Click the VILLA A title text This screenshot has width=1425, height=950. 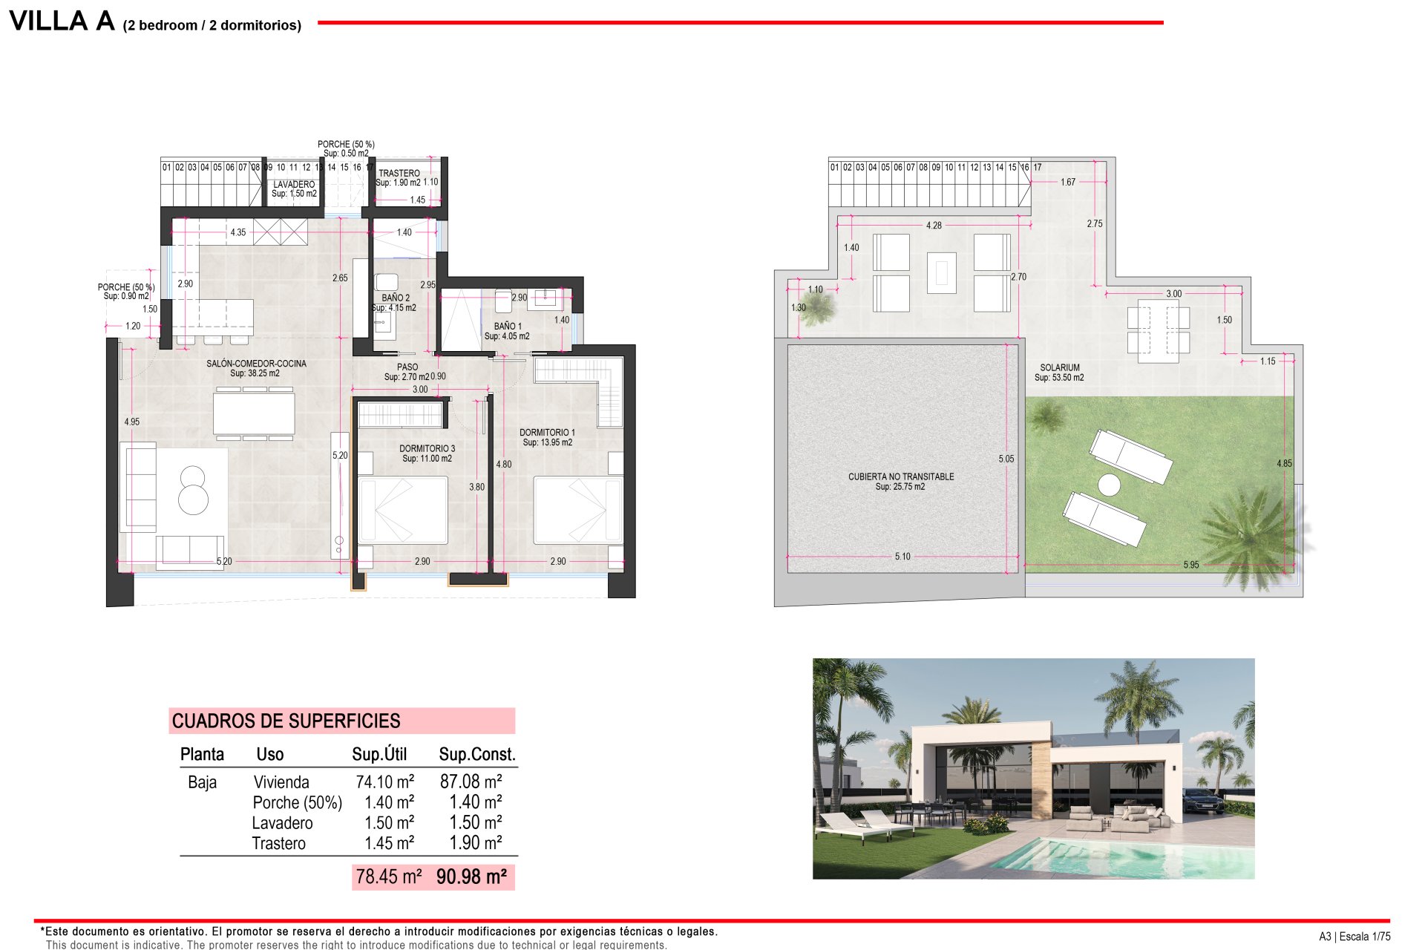(62, 22)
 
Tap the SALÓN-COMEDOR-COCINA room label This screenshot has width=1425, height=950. (256, 364)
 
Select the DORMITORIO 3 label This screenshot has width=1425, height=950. (427, 448)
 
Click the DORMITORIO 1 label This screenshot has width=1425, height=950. (547, 432)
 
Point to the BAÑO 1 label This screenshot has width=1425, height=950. (508, 326)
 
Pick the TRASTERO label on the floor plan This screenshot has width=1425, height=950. (399, 173)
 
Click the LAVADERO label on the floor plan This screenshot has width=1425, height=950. (294, 184)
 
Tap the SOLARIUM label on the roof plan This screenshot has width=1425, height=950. (1059, 367)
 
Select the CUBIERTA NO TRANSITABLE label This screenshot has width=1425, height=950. (901, 476)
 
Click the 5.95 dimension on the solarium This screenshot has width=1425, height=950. (1190, 565)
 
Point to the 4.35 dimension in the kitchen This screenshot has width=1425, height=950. (237, 232)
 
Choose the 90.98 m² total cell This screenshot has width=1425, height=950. (471, 877)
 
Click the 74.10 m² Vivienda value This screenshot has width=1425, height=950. (384, 782)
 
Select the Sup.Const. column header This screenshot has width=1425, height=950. (476, 754)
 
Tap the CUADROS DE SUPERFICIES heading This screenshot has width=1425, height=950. (286, 721)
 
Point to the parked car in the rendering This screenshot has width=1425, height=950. (1202, 802)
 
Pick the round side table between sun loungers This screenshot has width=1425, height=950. (1109, 485)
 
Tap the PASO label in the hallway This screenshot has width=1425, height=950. (407, 367)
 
